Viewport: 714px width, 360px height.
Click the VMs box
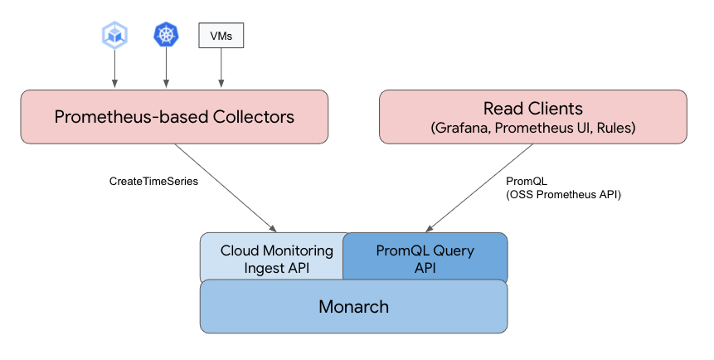221,35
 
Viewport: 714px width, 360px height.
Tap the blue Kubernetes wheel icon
167,34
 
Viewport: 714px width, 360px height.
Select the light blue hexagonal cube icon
114,34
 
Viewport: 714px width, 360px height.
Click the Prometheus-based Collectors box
174,116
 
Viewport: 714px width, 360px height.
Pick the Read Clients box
532,116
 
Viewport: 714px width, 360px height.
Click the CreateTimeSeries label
153,181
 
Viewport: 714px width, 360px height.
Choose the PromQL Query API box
425,257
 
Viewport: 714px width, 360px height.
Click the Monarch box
353,306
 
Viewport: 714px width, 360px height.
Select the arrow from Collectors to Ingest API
224,187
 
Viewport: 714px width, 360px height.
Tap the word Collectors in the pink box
250,117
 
